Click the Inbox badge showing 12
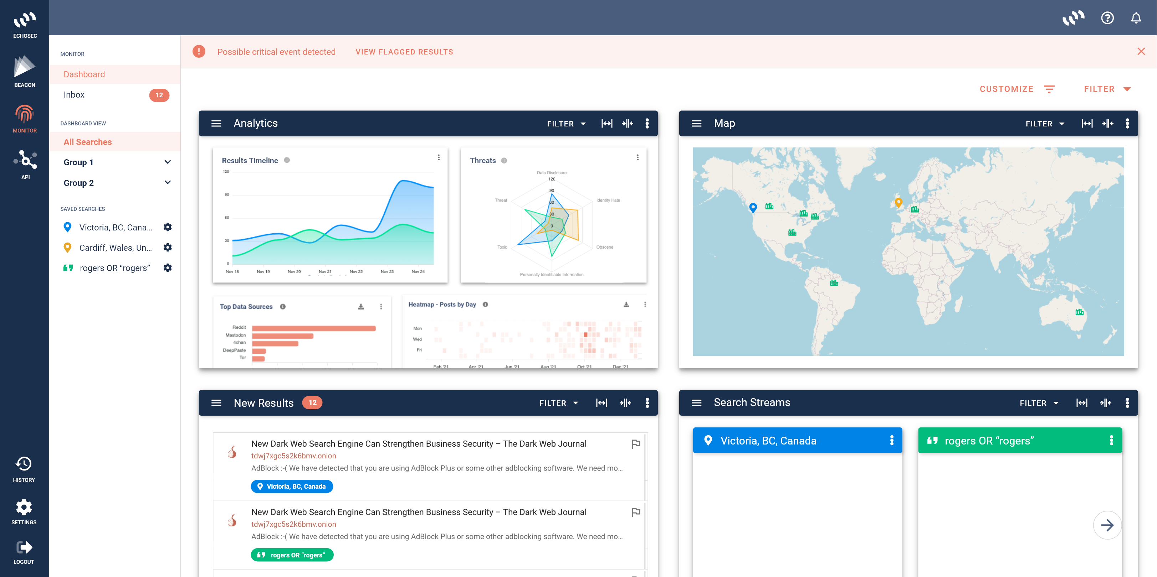pos(159,95)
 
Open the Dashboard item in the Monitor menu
pos(85,74)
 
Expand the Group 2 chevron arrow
pos(168,183)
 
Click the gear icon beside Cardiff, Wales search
pos(168,248)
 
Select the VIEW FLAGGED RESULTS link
pos(404,52)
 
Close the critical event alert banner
pos(1141,52)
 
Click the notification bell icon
pos(1136,18)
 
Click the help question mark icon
pos(1107,18)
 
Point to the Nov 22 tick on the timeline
pos(356,271)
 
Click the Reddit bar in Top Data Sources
pos(313,328)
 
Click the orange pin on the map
pos(898,202)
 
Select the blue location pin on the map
pos(753,207)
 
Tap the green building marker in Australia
pos(1079,312)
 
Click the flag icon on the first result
pos(635,444)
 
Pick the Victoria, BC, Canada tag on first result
pos(292,487)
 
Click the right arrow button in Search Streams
pos(1107,525)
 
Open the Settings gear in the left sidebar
pos(24,508)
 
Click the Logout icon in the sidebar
pos(24,547)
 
